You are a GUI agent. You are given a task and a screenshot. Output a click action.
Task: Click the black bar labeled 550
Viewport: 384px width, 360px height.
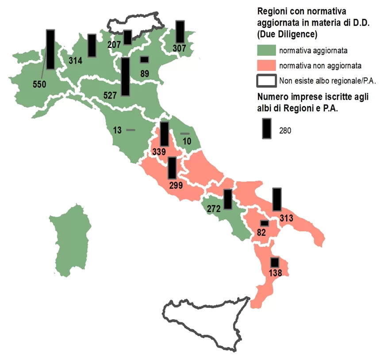point(50,49)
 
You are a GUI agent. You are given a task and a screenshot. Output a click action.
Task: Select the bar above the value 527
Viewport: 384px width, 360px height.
point(125,76)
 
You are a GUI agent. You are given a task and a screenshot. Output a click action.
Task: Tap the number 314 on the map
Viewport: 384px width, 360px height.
point(76,61)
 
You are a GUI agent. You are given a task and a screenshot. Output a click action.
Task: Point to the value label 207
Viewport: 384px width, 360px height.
point(114,44)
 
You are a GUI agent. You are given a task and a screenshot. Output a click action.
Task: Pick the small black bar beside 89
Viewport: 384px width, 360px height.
point(145,59)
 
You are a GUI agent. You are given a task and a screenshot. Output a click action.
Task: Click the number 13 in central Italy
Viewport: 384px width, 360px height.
point(117,130)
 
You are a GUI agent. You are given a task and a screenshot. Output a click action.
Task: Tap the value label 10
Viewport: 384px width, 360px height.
point(186,141)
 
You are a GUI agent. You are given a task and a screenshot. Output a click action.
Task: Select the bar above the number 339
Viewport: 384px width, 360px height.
point(164,134)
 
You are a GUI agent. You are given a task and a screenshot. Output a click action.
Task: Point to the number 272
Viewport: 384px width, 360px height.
point(214,208)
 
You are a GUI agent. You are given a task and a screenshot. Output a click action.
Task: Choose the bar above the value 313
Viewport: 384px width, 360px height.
point(277,199)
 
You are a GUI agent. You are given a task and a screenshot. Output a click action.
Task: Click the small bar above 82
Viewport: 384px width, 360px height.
point(265,223)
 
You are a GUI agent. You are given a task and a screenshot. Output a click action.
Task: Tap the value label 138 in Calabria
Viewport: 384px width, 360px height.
point(275,273)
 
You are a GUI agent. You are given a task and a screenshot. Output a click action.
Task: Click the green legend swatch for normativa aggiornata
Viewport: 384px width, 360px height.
point(266,50)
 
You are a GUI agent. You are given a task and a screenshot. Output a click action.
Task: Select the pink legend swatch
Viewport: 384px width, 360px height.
point(266,65)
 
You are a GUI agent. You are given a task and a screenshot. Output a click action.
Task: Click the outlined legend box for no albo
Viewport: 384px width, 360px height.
point(266,81)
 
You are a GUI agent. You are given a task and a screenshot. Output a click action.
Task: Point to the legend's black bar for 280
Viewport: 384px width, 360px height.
point(266,128)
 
